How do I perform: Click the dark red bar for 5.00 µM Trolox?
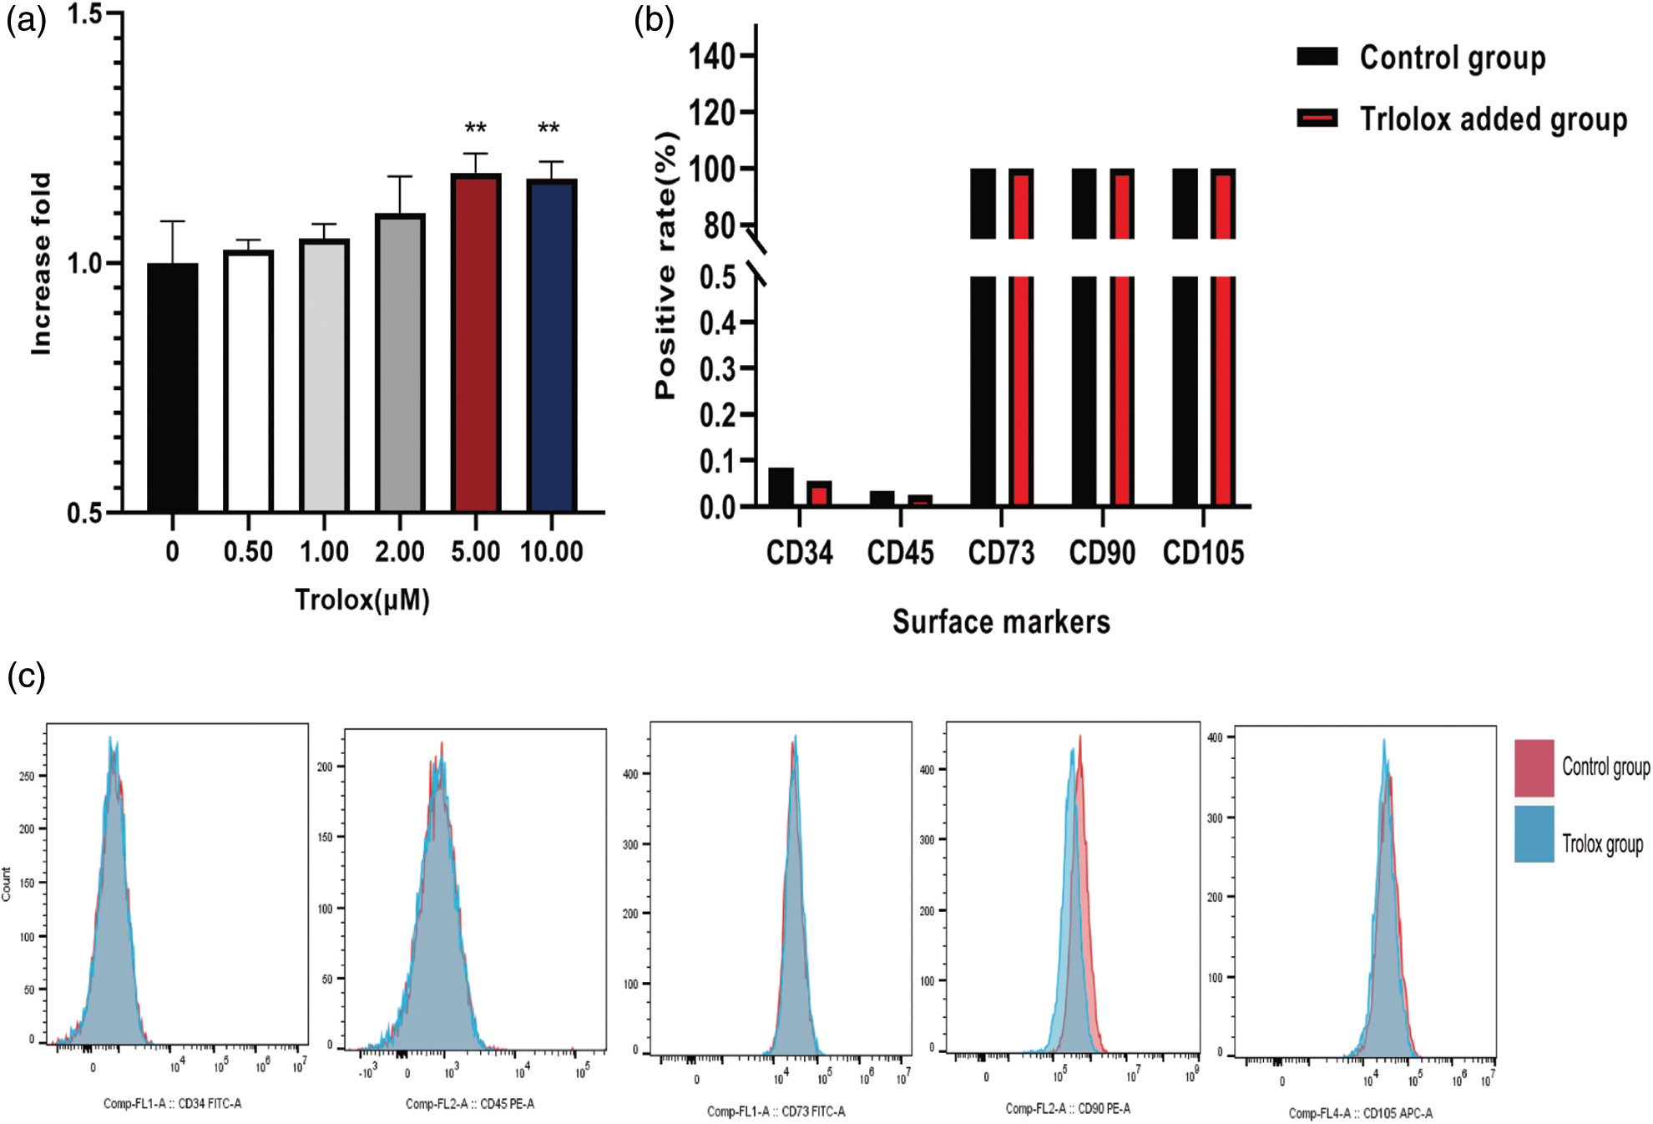[476, 342]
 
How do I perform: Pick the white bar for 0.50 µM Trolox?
[249, 381]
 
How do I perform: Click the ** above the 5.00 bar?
[476, 129]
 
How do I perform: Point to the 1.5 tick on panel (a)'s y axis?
[83, 14]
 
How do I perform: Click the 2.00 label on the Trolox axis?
[399, 552]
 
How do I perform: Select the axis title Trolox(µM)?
[362, 600]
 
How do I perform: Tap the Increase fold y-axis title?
[40, 264]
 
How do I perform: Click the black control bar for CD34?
[781, 487]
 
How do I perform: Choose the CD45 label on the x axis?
[900, 553]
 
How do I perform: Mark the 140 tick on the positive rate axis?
[711, 57]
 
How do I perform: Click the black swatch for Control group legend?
[1317, 57]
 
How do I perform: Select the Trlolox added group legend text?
[1493, 119]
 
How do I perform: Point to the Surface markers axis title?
[1001, 622]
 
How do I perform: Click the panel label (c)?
[26, 676]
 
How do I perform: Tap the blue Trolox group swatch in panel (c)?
[1534, 833]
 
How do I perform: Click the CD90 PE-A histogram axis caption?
[1068, 1108]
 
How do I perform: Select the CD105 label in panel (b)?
[1203, 553]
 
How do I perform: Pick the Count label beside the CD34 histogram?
[7, 884]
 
